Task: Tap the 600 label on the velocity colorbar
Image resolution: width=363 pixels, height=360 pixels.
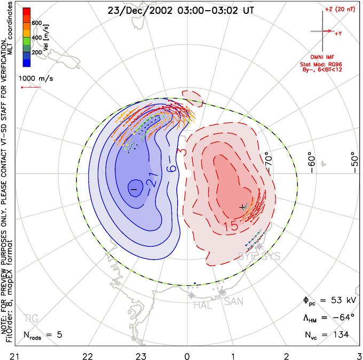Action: tap(36, 22)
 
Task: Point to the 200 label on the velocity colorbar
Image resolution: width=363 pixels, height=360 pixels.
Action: tap(36, 53)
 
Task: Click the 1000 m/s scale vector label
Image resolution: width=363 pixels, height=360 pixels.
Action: tap(35, 77)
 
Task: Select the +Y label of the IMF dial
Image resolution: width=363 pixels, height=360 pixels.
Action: tap(338, 34)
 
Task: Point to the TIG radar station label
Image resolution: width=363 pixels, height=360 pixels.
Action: tap(31, 319)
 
